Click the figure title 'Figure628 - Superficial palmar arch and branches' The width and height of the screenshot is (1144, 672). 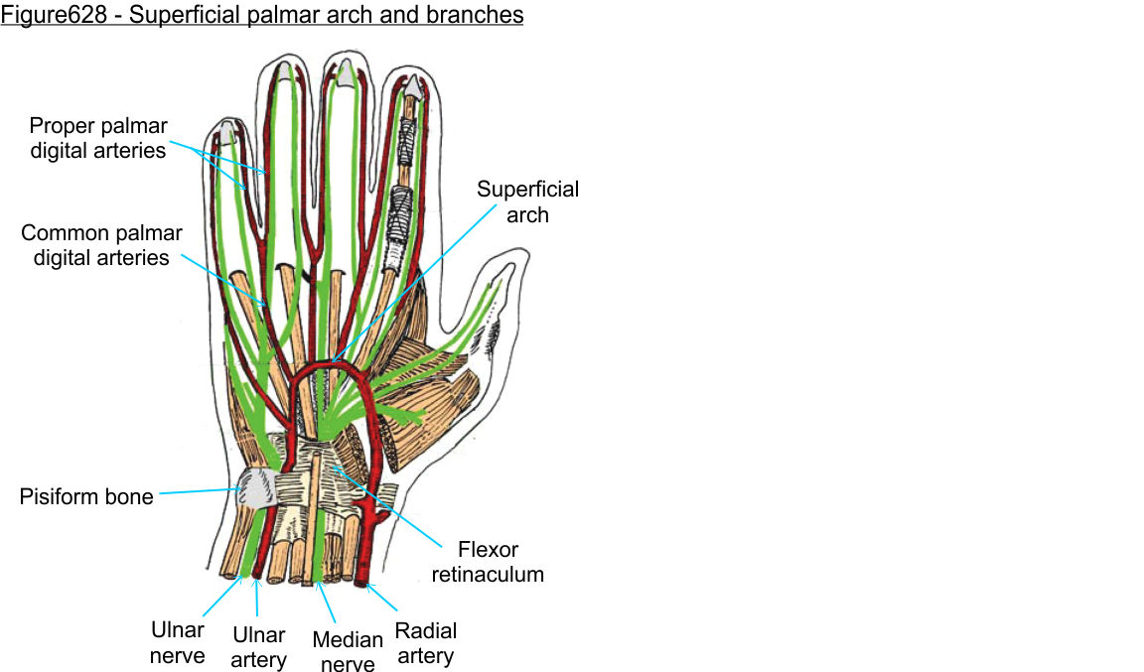pos(262,16)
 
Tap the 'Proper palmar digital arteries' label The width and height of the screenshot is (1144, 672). pos(98,139)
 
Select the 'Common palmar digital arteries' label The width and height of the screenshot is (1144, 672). pos(101,245)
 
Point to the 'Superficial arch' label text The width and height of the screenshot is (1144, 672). pos(527,202)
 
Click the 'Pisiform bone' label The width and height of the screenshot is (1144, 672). pos(86,496)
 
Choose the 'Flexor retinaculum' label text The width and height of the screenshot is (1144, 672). pos(500,561)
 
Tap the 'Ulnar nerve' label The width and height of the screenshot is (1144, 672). pos(178,642)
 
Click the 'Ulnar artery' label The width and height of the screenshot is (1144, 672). pos(258,647)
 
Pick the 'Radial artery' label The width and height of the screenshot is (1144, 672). pos(426,643)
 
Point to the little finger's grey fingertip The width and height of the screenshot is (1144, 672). pos(227,131)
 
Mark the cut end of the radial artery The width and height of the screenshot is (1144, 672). pos(362,579)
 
